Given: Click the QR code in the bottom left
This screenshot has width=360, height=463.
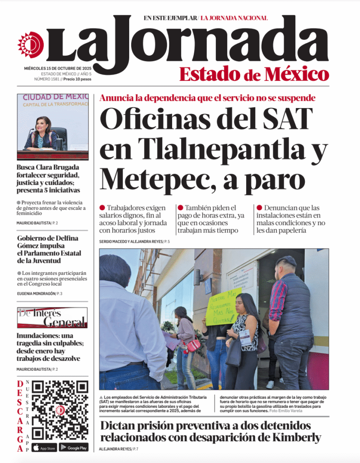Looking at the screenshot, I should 60,411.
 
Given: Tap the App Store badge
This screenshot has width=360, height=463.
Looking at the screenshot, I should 44,448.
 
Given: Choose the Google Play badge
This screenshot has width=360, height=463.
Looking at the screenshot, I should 73,448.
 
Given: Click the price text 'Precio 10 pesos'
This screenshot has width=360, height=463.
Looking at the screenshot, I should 77,79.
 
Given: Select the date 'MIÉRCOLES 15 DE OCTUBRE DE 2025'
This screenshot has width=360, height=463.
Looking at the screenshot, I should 58,68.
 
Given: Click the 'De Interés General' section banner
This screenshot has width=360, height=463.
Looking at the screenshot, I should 52,317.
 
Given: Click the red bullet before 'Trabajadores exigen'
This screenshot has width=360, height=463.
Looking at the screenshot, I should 102,208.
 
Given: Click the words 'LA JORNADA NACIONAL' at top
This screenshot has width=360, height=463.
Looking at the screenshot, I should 234,18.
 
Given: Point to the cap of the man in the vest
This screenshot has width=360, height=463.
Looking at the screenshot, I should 286,261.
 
